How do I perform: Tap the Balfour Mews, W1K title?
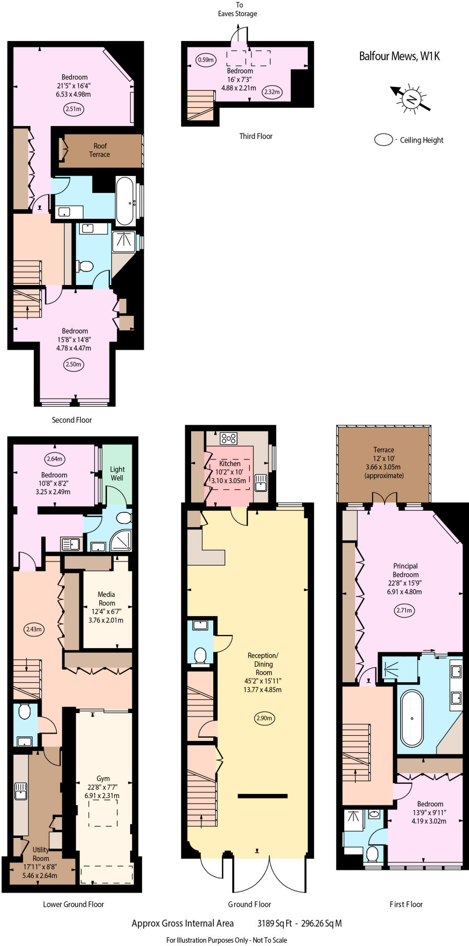tap(399, 56)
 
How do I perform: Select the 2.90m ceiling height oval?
tap(264, 718)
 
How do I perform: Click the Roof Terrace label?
tap(100, 150)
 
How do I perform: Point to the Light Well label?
tap(117, 473)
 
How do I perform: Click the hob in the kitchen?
tap(228, 438)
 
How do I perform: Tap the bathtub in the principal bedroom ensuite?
tap(411, 718)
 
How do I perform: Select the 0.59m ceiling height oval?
tap(206, 60)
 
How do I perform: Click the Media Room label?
tap(106, 599)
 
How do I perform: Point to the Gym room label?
tap(103, 778)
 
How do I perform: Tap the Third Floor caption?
tap(256, 136)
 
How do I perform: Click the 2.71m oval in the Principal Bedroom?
tap(405, 610)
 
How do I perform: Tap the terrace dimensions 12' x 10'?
tap(384, 458)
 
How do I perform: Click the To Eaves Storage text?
tap(238, 9)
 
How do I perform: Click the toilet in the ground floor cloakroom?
tap(200, 655)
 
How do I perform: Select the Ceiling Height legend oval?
tap(383, 140)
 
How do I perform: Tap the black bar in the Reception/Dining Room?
tap(263, 796)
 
